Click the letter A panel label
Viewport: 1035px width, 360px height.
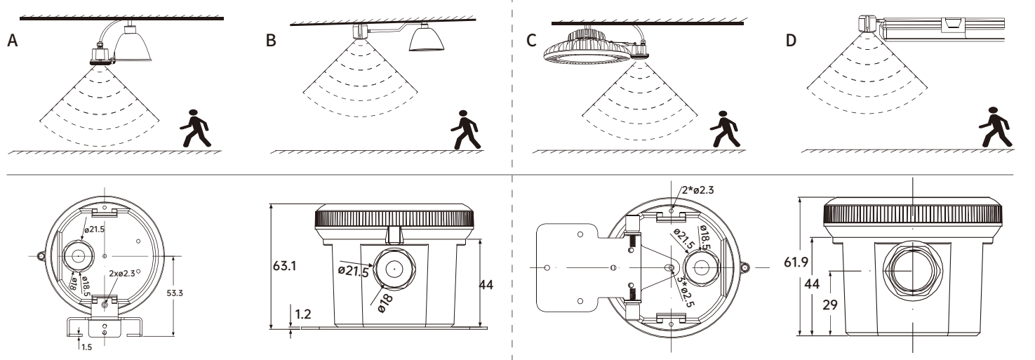(12, 41)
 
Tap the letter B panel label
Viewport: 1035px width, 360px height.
(272, 41)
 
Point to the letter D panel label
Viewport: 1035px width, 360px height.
(792, 41)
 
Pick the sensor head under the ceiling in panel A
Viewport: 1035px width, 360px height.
(102, 56)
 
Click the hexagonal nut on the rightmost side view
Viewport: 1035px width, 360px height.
(912, 269)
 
